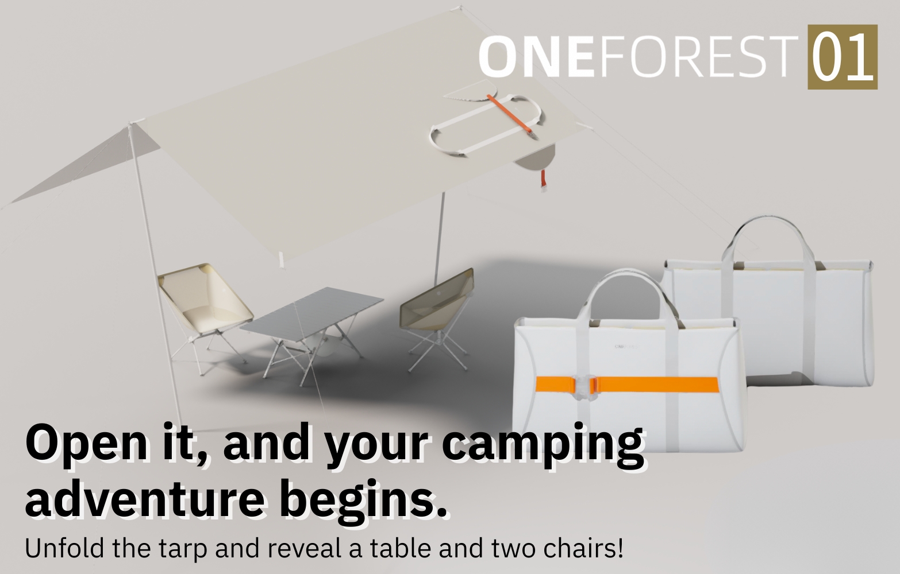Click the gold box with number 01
point(843,57)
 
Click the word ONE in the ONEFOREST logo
point(537,56)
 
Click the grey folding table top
point(312,315)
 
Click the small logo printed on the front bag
point(627,346)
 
